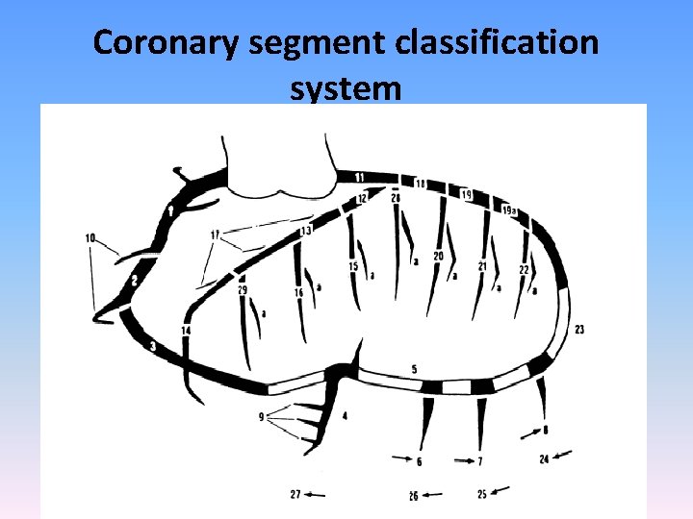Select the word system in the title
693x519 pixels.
345,88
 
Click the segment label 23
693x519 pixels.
579,330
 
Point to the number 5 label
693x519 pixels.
414,369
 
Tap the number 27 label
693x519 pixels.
295,494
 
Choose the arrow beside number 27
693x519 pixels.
316,495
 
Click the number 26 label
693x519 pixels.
413,496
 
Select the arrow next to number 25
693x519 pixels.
500,492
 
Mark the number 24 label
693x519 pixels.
544,459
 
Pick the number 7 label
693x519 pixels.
480,462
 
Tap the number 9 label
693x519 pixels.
261,417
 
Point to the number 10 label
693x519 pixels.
90,237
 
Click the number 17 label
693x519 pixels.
216,235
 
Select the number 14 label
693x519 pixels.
186,330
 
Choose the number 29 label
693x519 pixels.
242,289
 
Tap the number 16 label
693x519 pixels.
298,292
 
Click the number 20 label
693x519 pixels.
438,256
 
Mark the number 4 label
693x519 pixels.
345,415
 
